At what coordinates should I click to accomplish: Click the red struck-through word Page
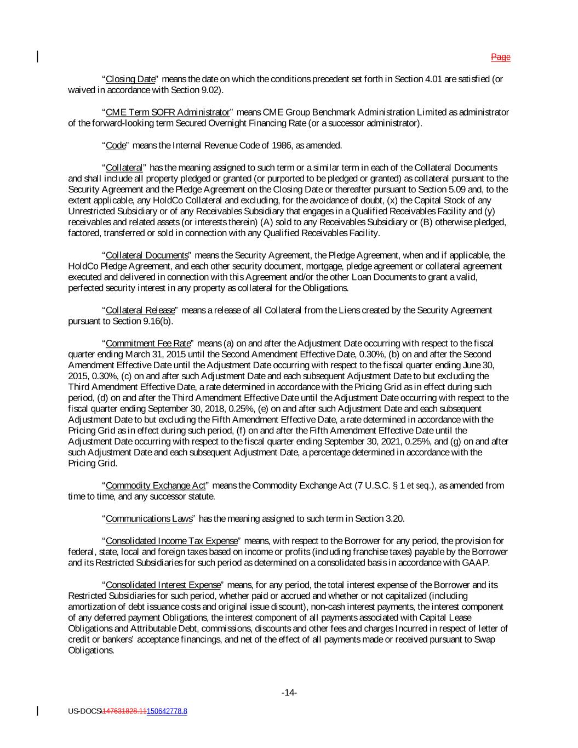pyautogui.click(x=500, y=57)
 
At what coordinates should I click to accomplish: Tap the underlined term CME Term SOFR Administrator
pyautogui.click(x=167, y=112)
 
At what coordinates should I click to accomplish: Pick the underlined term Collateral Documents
pyautogui.click(x=147, y=255)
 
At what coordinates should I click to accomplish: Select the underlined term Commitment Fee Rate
pyautogui.click(x=148, y=343)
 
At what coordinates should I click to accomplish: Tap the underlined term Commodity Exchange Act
pyautogui.click(x=156, y=486)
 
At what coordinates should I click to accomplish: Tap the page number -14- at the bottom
pyautogui.click(x=289, y=693)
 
